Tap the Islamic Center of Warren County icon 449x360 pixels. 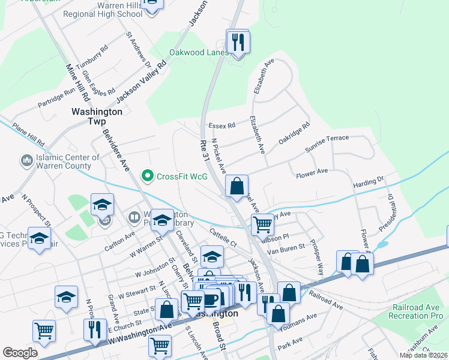(x=26, y=160)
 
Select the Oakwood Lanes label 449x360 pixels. (x=199, y=52)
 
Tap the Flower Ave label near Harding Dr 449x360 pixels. (x=312, y=172)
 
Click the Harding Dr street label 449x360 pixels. (x=368, y=180)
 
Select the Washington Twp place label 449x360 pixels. (x=97, y=116)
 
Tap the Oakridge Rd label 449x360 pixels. (x=294, y=134)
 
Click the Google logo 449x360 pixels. (x=20, y=352)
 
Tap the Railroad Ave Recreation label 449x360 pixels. (x=415, y=311)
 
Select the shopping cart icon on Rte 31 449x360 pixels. (x=262, y=224)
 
